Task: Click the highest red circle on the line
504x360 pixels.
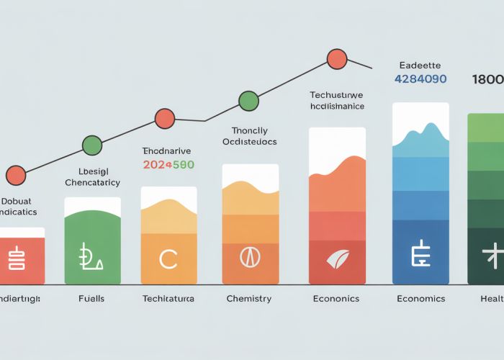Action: [336, 58]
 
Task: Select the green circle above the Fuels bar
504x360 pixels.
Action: [91, 145]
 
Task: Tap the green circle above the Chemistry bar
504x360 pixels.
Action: [248, 101]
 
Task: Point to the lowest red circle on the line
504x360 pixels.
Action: [16, 175]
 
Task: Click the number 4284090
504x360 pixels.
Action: [421, 79]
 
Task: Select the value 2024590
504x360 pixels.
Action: [168, 165]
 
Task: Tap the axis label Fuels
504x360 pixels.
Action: [91, 299]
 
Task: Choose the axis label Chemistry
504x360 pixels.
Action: [249, 299]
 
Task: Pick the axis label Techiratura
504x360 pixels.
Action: [168, 299]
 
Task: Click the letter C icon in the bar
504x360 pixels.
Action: [168, 259]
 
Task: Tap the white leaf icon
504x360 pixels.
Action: [336, 259]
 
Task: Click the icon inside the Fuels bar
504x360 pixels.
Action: [91, 258]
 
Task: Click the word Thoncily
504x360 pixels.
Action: [250, 130]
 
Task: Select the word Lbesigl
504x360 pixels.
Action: [91, 171]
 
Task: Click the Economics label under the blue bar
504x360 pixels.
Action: [420, 299]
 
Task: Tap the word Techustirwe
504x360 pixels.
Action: [336, 94]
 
